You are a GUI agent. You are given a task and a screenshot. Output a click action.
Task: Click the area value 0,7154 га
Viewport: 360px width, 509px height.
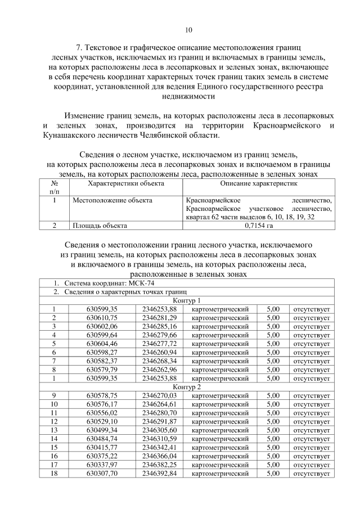click(259, 226)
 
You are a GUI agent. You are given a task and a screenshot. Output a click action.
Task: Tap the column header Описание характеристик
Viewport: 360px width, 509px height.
click(259, 184)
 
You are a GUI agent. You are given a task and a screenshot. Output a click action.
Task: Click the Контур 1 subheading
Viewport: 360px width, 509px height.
click(187, 300)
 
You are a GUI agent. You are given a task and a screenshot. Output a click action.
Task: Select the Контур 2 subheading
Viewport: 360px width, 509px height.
click(187, 387)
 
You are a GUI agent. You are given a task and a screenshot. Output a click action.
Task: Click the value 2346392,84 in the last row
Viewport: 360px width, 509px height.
click(159, 474)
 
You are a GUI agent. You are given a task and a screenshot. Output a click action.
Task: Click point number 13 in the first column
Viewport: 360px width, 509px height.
click(54, 430)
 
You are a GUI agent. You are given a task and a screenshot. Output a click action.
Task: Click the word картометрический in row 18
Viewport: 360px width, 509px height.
click(220, 474)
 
